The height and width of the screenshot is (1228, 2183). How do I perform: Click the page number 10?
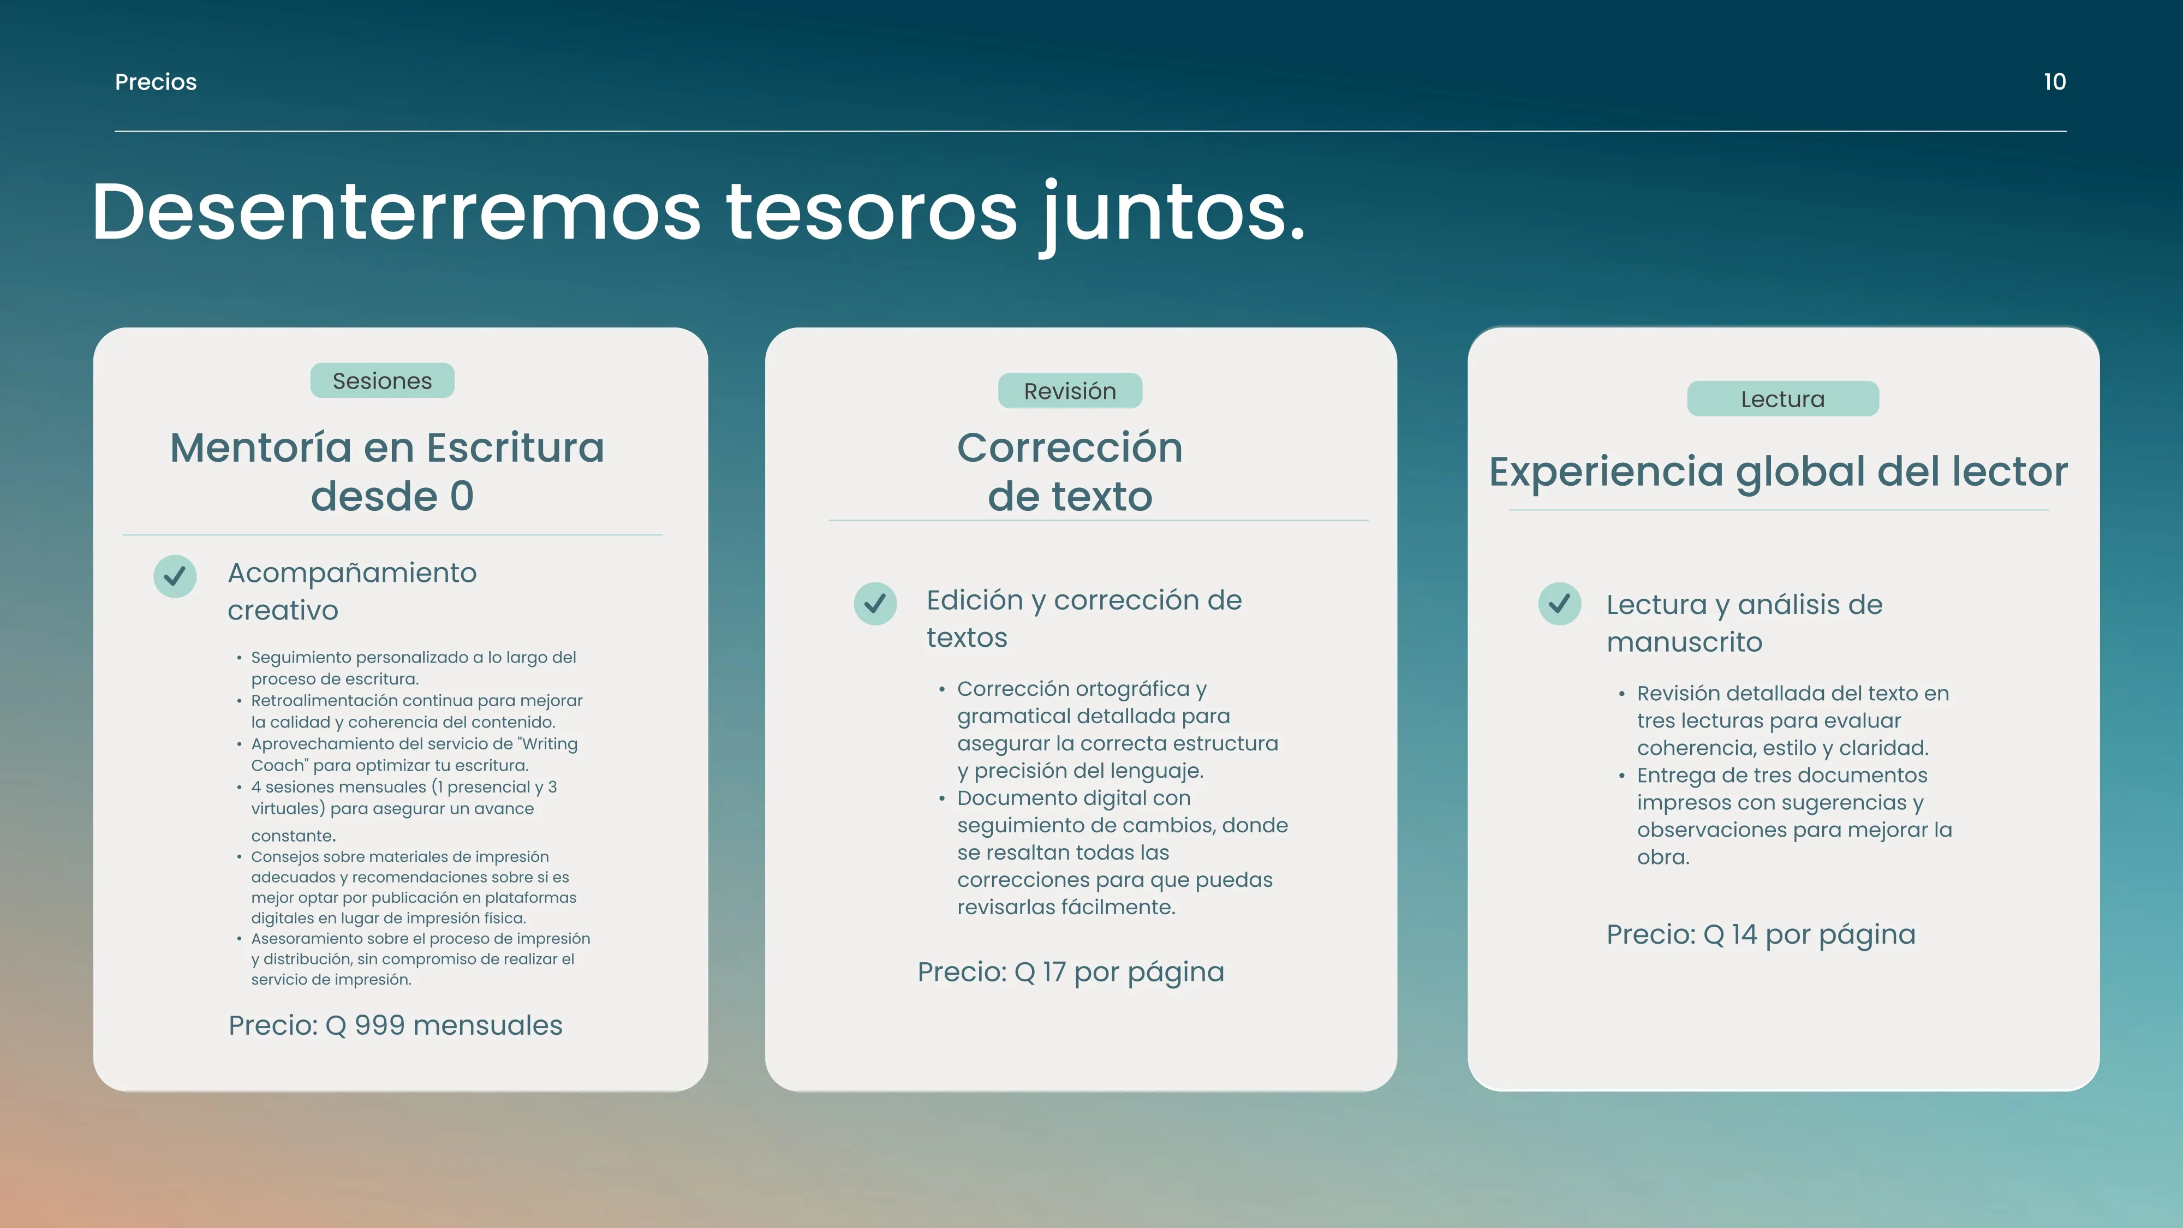tap(2054, 82)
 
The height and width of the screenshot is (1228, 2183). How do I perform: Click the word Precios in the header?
tap(156, 82)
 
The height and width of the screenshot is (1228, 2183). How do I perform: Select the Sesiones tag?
tap(382, 380)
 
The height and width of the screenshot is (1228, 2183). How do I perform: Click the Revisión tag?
tap(1070, 391)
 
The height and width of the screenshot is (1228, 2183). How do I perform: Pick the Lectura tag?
tap(1783, 399)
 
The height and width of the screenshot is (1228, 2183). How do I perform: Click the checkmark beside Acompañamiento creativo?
tap(175, 576)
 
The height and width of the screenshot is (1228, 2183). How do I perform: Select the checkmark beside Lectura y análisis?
tap(1559, 604)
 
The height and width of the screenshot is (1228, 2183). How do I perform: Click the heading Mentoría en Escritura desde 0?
tap(388, 471)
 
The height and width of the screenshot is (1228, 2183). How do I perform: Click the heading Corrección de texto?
tap(1070, 471)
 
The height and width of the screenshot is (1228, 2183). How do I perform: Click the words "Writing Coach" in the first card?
tap(414, 754)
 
